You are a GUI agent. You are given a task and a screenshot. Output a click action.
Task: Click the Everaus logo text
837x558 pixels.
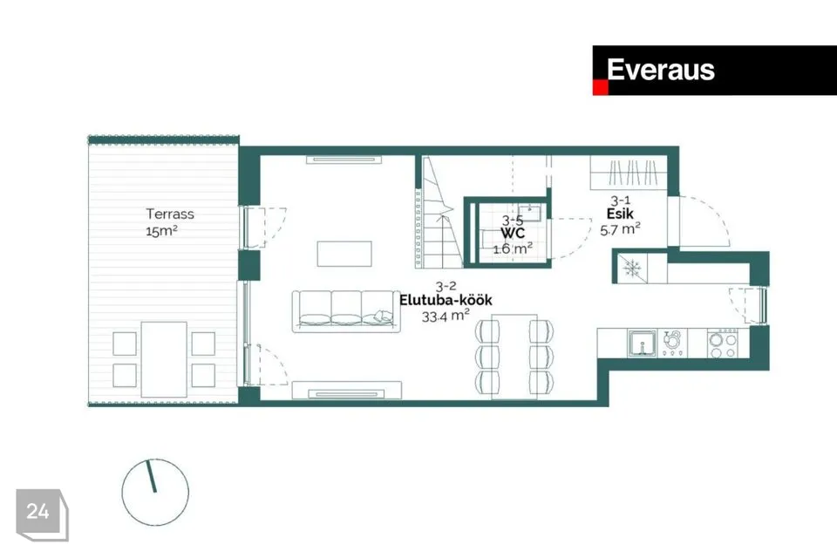(x=660, y=70)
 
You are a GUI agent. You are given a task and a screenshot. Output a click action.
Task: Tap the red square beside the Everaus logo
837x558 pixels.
(x=601, y=87)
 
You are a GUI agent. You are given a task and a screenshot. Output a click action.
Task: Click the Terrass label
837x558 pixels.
(x=170, y=214)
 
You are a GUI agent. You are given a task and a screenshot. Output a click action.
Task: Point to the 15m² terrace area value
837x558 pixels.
(x=161, y=231)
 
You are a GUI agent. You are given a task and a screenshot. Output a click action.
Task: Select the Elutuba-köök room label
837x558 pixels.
(x=446, y=300)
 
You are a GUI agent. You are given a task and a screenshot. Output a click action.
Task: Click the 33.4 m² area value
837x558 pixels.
(x=446, y=316)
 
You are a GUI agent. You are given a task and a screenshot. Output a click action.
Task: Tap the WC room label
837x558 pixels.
(x=513, y=233)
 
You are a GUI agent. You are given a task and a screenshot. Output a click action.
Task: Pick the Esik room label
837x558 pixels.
(x=620, y=214)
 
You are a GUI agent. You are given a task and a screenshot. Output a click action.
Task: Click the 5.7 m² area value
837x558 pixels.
(x=620, y=229)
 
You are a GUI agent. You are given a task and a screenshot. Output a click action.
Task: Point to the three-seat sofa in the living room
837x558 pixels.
(x=346, y=311)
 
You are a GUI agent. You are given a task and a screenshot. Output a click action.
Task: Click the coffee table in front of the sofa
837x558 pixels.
(x=344, y=254)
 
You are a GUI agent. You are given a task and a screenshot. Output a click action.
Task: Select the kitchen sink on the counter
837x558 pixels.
(x=643, y=344)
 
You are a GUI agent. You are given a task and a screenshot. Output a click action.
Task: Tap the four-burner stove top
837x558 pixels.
(x=723, y=344)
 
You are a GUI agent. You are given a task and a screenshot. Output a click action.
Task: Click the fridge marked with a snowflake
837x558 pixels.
(x=632, y=268)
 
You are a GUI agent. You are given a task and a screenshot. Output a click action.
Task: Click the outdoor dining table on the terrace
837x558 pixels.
(x=164, y=359)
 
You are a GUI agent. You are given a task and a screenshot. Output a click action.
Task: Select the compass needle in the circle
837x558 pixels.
(x=151, y=476)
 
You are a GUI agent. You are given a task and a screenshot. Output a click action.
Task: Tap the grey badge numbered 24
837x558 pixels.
(x=42, y=514)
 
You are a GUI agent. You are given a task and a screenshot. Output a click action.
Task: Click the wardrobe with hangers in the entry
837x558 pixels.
(x=629, y=173)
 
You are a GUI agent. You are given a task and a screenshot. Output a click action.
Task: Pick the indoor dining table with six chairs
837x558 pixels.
(x=514, y=357)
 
